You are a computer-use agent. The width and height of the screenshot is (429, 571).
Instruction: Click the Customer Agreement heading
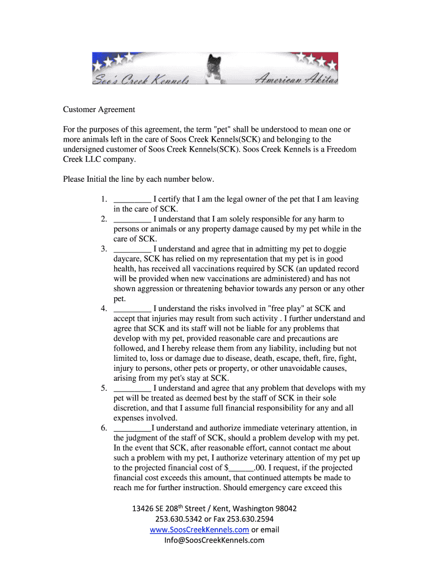99,109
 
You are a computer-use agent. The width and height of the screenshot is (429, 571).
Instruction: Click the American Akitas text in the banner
295,80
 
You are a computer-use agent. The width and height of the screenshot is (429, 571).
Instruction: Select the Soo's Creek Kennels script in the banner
142,80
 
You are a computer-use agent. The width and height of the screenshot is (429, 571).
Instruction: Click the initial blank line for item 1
132,200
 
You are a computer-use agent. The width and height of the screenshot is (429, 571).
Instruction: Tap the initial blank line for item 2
132,219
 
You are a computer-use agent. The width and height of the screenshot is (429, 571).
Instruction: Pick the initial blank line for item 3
132,249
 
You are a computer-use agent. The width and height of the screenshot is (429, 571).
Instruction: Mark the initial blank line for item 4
132,308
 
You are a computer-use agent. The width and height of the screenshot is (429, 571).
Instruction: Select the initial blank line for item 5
132,388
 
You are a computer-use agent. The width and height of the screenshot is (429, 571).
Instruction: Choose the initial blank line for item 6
132,428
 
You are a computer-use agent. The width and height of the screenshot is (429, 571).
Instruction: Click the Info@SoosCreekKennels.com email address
214,540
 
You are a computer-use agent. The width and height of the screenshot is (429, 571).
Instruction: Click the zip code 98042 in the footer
285,509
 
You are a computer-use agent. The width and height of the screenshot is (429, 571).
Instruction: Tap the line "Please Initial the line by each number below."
138,179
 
